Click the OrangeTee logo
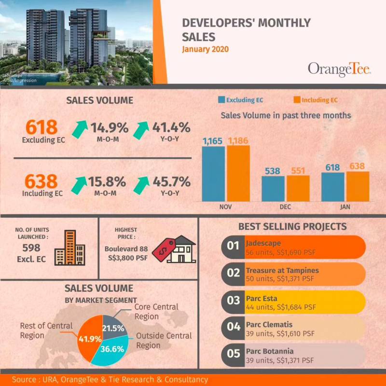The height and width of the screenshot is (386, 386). [339, 69]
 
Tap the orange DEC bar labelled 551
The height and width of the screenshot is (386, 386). [298, 188]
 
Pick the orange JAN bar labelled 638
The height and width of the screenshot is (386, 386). [358, 186]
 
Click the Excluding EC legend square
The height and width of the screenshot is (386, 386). [222, 100]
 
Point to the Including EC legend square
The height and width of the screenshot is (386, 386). [297, 100]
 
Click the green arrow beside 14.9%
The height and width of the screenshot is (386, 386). [79, 129]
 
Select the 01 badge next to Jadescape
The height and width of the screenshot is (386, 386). [234, 247]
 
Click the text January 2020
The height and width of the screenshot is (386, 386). [205, 49]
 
